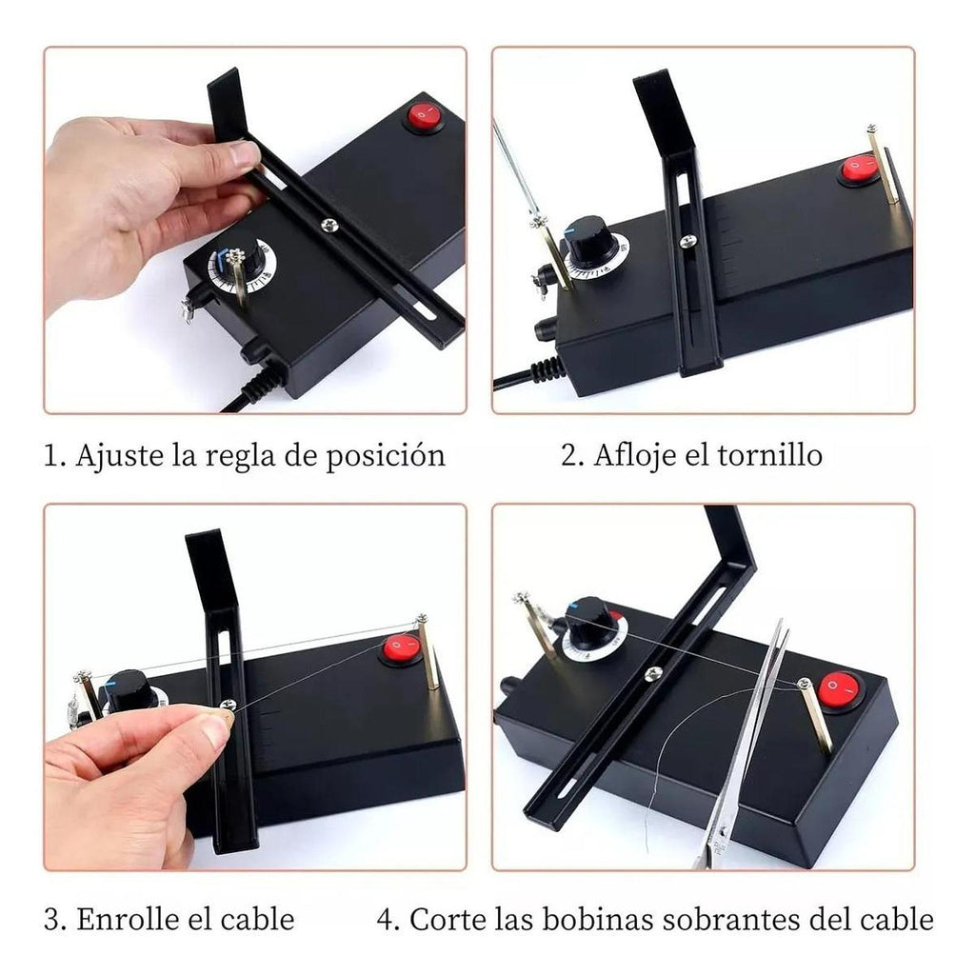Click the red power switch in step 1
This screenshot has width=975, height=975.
[x=424, y=115]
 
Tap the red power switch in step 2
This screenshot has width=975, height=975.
[x=859, y=168]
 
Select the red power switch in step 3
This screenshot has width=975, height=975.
[x=401, y=648]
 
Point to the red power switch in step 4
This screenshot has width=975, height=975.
[x=840, y=689]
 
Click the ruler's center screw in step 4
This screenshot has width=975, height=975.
[x=653, y=671]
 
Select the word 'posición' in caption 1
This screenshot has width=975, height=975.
[x=386, y=456]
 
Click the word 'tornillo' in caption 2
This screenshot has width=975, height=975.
[x=769, y=454]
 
